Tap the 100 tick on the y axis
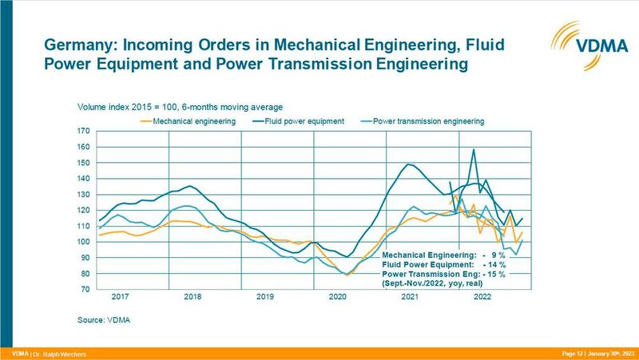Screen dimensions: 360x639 (x=84, y=242)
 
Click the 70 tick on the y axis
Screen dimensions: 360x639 (x=84, y=289)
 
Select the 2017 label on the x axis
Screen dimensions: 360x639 (x=120, y=297)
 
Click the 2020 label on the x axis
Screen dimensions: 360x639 (x=338, y=297)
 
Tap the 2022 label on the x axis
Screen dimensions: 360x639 (x=482, y=297)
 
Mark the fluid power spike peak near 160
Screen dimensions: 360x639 (x=474, y=150)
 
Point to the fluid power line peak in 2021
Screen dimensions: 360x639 (x=409, y=164)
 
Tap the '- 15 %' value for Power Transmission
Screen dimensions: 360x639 (x=494, y=273)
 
